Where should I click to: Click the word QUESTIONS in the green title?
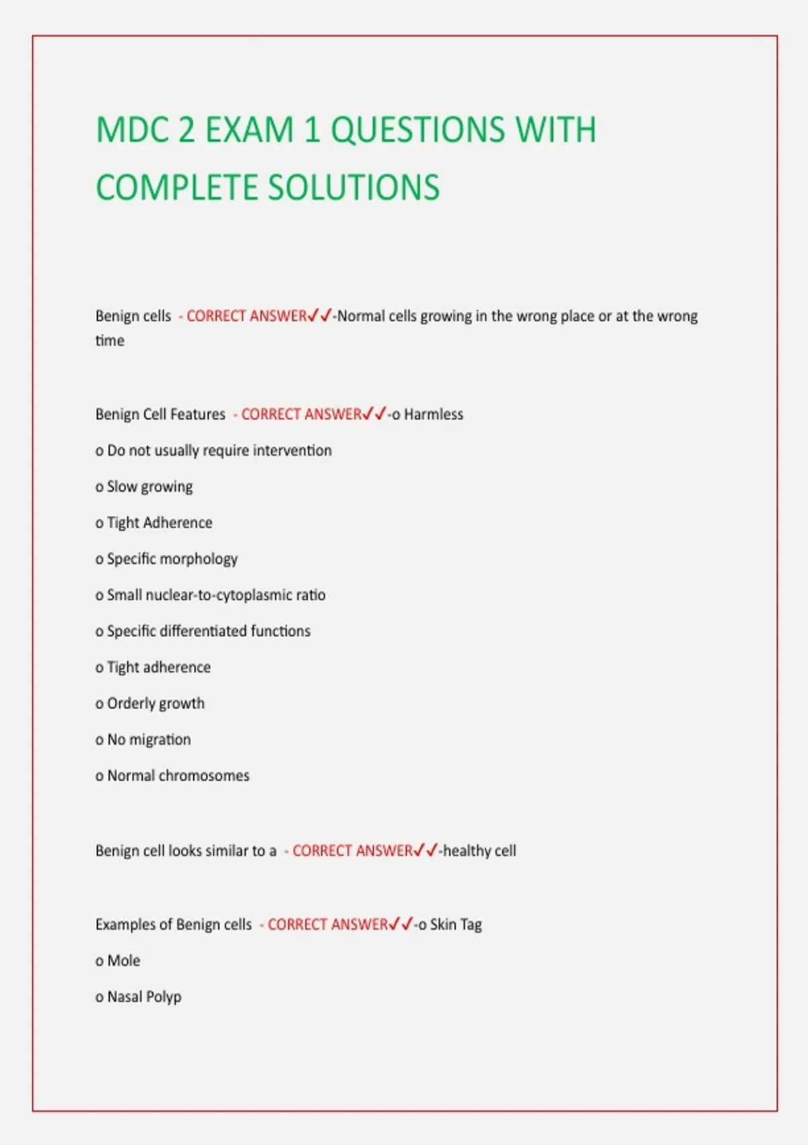click(417, 129)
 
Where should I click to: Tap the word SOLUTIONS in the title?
click(356, 187)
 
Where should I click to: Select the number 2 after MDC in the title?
click(187, 129)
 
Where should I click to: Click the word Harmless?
click(434, 414)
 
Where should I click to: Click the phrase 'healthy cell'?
click(479, 851)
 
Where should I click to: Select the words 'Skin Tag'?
click(456, 925)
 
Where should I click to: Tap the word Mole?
click(124, 960)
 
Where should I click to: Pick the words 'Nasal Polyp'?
click(144, 997)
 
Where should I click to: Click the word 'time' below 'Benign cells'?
click(110, 341)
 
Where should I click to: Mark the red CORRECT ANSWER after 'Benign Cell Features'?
click(302, 414)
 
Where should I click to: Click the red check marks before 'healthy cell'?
click(426, 850)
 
